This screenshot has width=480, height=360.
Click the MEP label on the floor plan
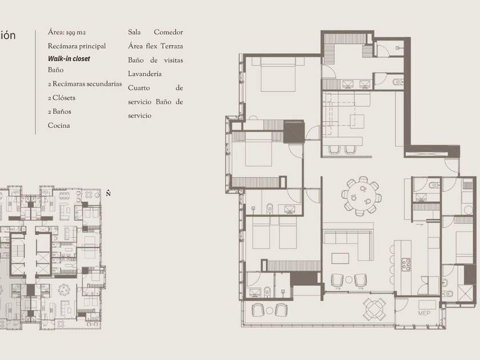point(424,313)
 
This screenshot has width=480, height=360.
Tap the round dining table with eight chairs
point(361,196)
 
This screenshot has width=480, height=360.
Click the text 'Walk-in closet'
point(69,59)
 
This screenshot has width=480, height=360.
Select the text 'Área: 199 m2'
point(67,33)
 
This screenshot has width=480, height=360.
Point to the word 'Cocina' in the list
point(59,126)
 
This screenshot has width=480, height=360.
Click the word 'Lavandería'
point(145,74)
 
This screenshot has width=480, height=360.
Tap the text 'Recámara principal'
point(77,46)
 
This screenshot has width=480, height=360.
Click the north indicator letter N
point(108,193)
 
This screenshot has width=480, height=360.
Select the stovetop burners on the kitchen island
point(406,265)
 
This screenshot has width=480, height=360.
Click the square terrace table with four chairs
point(374,309)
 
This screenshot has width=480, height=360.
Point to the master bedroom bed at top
point(278,74)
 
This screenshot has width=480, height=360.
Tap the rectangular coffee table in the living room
point(340,258)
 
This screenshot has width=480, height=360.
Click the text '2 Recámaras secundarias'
point(85,84)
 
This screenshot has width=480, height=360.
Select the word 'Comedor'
point(169,32)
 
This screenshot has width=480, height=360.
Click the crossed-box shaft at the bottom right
point(465,293)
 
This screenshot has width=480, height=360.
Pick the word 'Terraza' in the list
point(172,46)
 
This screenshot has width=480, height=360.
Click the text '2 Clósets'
point(62,98)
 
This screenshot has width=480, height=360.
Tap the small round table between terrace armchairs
point(269,311)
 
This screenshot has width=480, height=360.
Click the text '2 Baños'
point(59,111)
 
